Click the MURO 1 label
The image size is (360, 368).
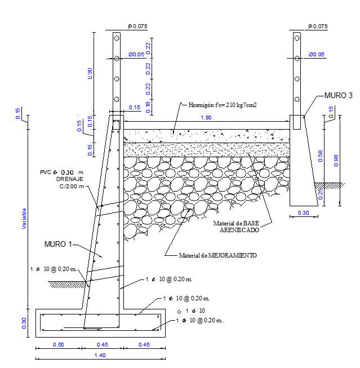tap(58, 245)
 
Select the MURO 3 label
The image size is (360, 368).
tap(339, 95)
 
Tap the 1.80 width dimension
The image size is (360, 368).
tap(206, 118)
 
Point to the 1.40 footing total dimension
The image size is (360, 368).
tap(100, 356)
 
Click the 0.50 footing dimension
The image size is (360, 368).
tap(58, 344)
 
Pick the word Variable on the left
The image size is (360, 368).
tap(24, 219)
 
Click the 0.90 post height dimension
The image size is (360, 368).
tap(90, 73)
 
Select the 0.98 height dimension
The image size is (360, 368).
tap(336, 161)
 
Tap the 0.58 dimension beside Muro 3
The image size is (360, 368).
tap(321, 156)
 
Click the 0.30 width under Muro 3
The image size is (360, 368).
tap(304, 213)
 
